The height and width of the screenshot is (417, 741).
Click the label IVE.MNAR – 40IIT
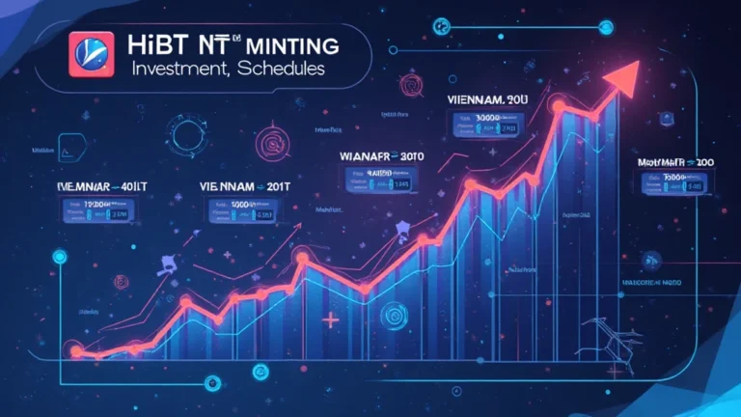[97, 181]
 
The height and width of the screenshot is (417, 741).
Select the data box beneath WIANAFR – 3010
[376, 179]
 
